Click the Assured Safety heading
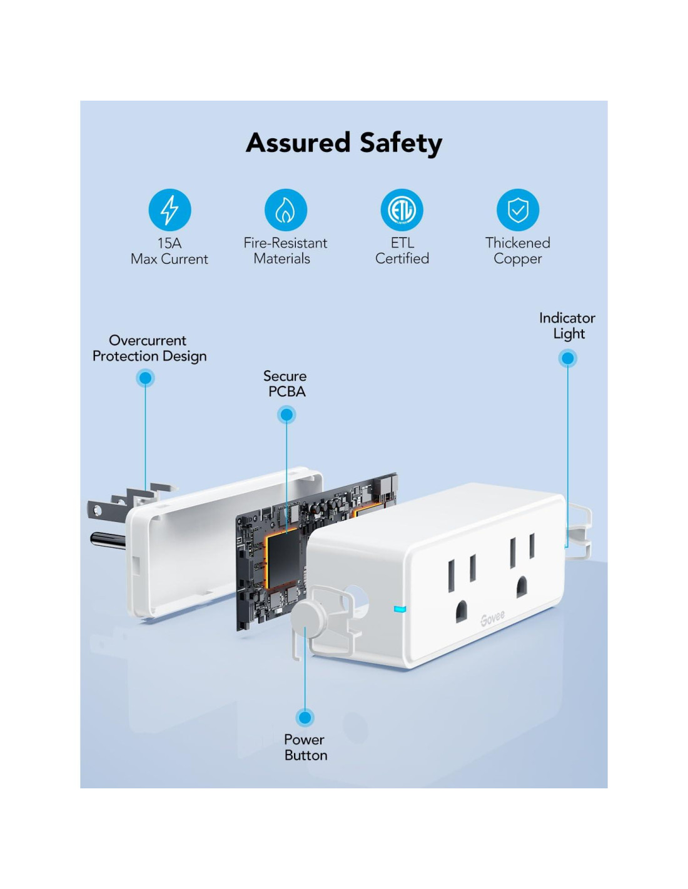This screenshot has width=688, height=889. (x=344, y=143)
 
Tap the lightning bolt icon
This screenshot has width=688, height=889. (x=169, y=210)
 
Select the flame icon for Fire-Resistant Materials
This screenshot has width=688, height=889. (x=286, y=210)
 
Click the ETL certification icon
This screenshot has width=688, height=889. (x=402, y=210)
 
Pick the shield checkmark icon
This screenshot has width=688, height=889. (x=518, y=210)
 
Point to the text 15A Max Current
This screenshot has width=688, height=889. (x=169, y=251)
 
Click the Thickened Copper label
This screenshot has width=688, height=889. (x=518, y=251)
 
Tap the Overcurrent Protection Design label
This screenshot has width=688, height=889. (x=149, y=348)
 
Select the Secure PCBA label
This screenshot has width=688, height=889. (x=286, y=384)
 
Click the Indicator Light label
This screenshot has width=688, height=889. (x=567, y=326)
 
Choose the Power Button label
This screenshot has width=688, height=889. (x=305, y=747)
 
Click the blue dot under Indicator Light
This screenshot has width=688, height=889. (x=568, y=358)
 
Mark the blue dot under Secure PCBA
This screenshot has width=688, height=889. (x=286, y=414)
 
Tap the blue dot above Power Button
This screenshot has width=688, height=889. (x=305, y=717)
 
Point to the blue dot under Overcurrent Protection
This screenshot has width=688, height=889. (x=145, y=378)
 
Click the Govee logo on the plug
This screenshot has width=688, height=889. (x=492, y=619)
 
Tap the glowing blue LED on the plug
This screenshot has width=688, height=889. (x=399, y=608)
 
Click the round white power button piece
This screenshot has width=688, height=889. (x=307, y=618)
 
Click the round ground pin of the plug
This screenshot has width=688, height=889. (x=106, y=539)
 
